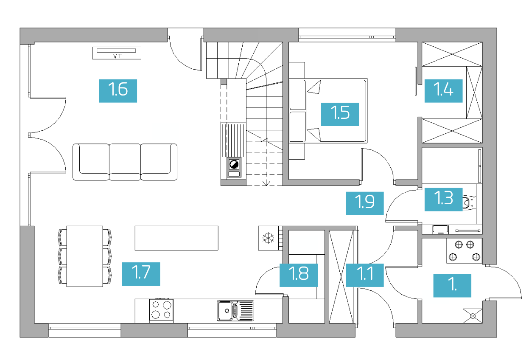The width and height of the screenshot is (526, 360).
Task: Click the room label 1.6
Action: pos(118,91)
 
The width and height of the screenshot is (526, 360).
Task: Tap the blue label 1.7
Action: pos(141,274)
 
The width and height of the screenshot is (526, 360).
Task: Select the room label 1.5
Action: pos(340,114)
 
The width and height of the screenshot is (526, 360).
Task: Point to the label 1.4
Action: pos(444,91)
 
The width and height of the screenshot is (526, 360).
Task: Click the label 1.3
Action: pos(444,200)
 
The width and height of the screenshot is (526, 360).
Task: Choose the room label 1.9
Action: pos(365,203)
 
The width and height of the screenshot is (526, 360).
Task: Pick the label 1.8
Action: pos(299,275)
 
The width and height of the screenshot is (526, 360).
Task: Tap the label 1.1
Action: pos(365,275)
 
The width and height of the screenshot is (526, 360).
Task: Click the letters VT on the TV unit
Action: pos(118,56)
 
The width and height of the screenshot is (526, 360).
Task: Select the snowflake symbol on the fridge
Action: pos(268,238)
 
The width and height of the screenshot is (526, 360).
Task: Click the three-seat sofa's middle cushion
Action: pos(125,162)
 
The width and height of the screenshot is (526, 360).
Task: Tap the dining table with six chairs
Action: pos(84,256)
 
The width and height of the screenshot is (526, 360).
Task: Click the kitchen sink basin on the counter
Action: pos(225,310)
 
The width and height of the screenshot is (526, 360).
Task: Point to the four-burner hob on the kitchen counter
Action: pos(162,310)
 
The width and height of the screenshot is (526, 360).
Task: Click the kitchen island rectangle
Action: pos(176,238)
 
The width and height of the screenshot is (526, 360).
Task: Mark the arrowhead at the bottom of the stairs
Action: pos(266,183)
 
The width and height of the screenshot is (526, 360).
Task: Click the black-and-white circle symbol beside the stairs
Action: pos(234,164)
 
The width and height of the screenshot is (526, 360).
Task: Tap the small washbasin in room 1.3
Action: pos(440,229)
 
